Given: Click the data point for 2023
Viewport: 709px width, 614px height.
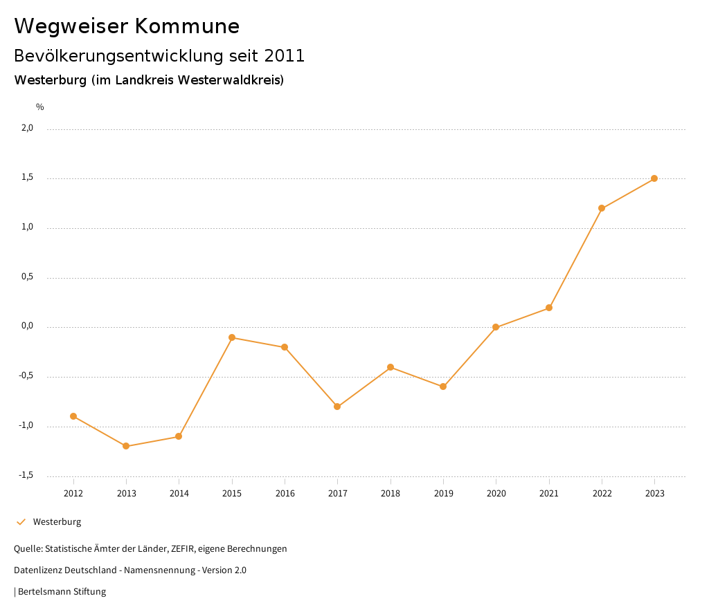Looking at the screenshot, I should tap(654, 178).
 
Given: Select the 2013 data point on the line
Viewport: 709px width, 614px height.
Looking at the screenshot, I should tap(126, 446).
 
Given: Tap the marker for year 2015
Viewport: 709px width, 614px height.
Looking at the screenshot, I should tap(232, 337).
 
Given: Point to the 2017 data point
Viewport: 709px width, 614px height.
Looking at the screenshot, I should tap(337, 407).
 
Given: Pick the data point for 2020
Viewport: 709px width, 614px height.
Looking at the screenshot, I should tap(496, 327).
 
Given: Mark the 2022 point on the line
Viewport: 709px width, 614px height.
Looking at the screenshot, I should tap(602, 208).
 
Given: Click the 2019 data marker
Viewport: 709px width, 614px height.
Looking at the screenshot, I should tap(443, 387).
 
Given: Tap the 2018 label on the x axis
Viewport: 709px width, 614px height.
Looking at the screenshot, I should tap(391, 494).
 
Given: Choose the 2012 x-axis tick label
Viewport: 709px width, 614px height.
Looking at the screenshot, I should tap(73, 494).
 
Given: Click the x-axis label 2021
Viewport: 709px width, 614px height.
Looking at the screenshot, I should tap(549, 494).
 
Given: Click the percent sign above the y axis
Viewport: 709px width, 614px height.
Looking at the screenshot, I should tap(40, 107).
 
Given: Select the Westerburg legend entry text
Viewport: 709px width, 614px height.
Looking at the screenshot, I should tap(57, 522).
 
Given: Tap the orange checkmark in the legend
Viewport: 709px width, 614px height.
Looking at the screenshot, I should tap(21, 522).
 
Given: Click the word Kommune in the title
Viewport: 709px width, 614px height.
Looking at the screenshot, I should tap(187, 26).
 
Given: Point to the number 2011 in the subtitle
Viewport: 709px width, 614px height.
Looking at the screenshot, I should tap(285, 56).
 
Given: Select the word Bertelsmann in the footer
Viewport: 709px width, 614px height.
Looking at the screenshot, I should tap(42, 592).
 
